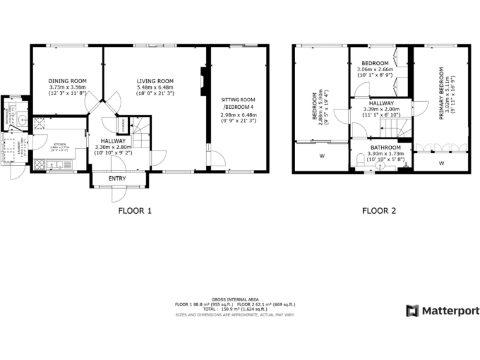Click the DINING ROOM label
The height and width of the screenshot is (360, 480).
[67, 81]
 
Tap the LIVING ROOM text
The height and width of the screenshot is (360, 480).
[156, 81]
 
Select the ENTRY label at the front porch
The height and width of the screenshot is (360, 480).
[117, 179]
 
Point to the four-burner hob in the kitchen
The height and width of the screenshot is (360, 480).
[39, 165]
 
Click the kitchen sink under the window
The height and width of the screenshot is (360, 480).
[57, 165]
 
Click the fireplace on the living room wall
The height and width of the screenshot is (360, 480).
[202, 82]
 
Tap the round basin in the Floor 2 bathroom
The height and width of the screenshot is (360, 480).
[380, 166]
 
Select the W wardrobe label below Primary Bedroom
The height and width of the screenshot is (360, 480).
[441, 164]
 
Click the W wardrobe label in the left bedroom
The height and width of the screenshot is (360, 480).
[322, 156]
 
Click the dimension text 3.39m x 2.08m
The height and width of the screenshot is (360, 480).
[381, 109]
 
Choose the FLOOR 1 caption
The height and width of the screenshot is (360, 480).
[135, 211]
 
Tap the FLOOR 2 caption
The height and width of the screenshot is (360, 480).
[379, 211]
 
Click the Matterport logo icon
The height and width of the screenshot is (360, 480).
[412, 311]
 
